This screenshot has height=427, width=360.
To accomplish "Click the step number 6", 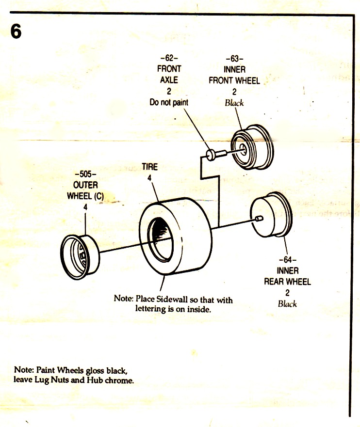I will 16,32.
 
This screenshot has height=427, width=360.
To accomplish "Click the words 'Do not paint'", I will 169,102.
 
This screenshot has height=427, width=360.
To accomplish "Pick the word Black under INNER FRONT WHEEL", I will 234,103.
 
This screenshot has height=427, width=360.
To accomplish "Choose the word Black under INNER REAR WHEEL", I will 287,304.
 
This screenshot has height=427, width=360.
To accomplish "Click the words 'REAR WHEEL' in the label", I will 287,282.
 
